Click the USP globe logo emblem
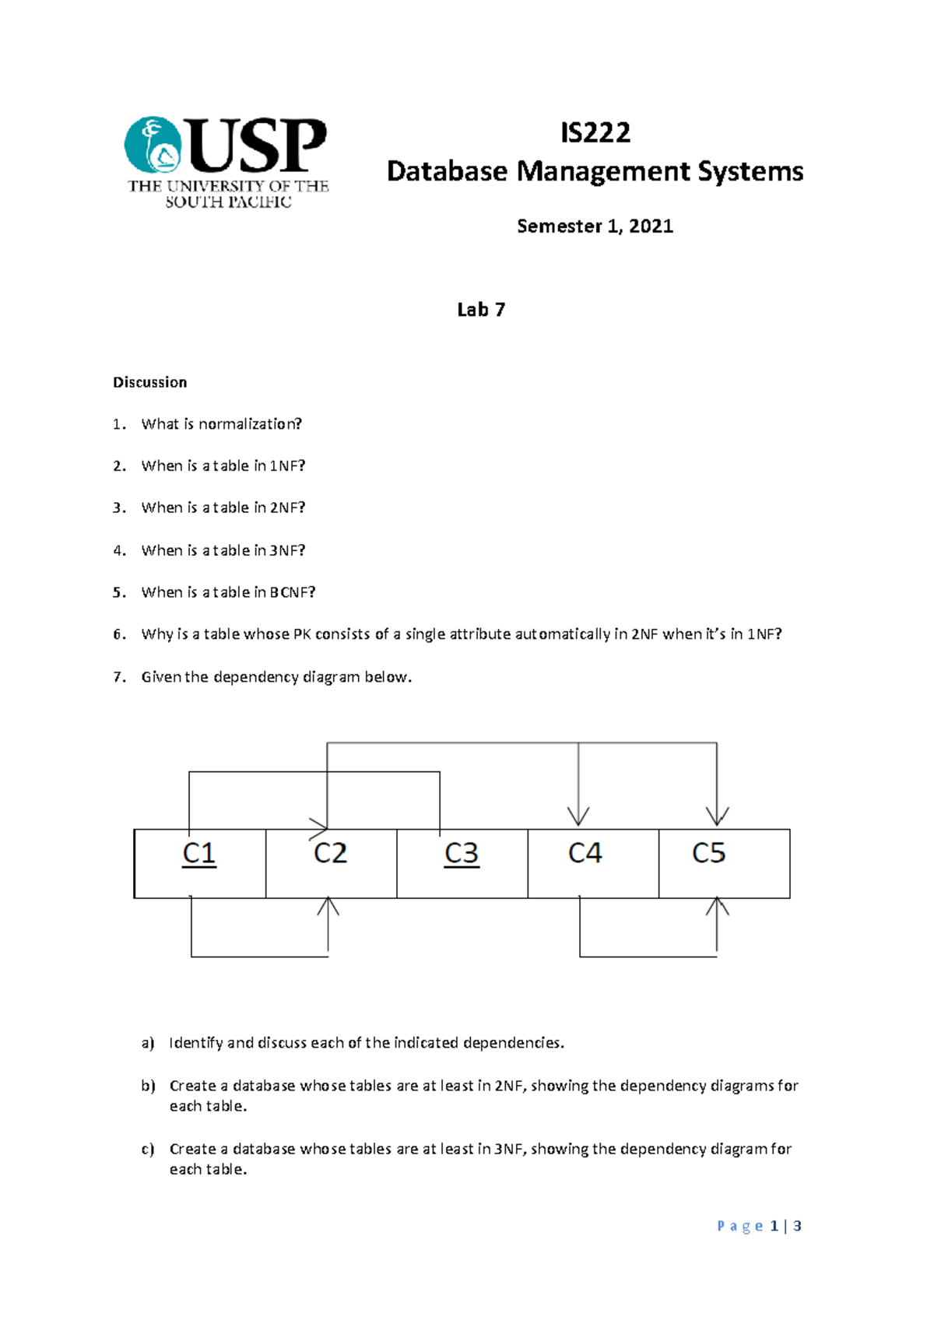tap(153, 145)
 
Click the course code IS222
tap(595, 133)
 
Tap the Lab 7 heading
tap(481, 310)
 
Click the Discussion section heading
tap(149, 382)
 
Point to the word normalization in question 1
tap(249, 424)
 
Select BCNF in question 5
tap(292, 592)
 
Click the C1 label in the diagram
tap(199, 854)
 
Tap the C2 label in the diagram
tap(330, 854)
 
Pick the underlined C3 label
tap(462, 854)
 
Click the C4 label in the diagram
tap(585, 854)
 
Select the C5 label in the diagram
tap(708, 854)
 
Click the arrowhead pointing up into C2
tap(328, 907)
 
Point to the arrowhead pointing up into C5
tap(717, 907)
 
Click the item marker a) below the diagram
tap(148, 1043)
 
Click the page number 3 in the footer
tap(797, 1226)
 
